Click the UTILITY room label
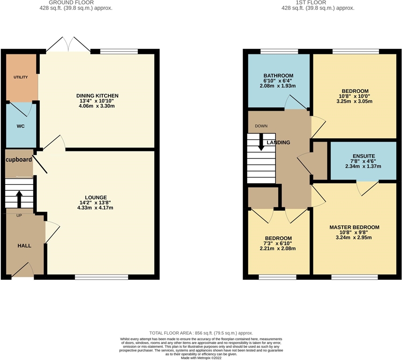21,77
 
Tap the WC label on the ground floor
21,126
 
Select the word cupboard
19,159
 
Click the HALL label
24,246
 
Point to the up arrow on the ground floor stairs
19,198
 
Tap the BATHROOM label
278,75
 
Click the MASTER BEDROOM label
354,227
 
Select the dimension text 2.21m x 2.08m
278,248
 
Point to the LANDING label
278,142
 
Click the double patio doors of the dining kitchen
68,46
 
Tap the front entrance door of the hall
23,270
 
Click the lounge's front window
101,277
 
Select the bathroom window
279,51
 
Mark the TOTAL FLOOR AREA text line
201,331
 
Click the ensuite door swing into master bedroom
368,188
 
